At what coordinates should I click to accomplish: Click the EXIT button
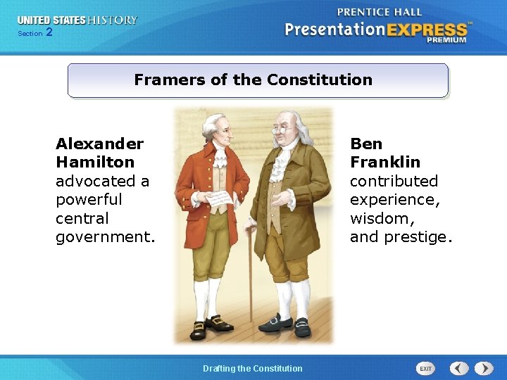click(x=426, y=368)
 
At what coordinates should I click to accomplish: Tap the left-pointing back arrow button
click(x=459, y=368)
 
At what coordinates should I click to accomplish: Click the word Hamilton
click(x=95, y=162)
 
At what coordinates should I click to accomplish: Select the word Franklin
click(x=385, y=162)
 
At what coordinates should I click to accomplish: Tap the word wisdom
click(x=381, y=218)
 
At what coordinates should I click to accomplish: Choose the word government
click(x=104, y=236)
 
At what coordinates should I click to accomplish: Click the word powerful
click(x=89, y=199)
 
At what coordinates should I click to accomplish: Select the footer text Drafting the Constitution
click(x=253, y=368)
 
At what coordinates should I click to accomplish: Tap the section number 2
click(x=49, y=32)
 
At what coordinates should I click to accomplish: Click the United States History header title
click(x=77, y=20)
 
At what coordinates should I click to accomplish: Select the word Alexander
click(x=99, y=144)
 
